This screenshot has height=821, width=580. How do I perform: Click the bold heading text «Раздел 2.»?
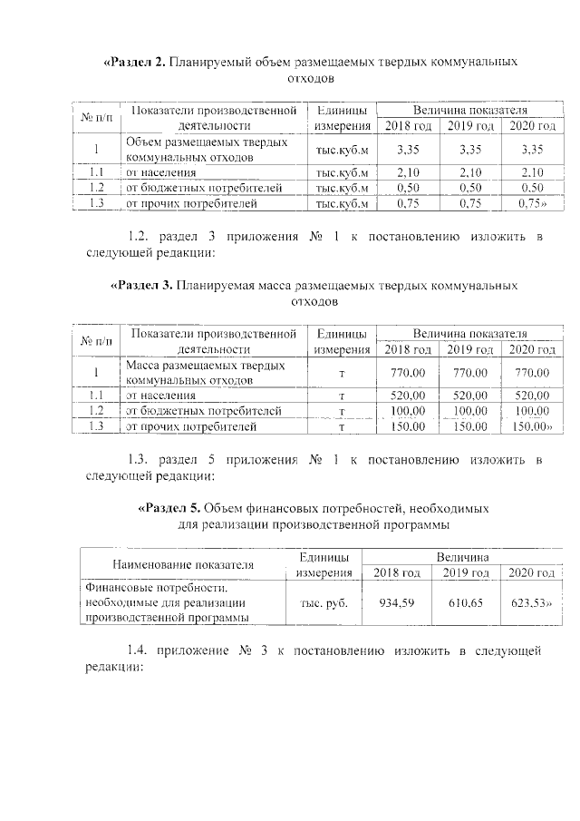[x=137, y=63]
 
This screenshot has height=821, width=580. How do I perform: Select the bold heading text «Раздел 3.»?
[x=141, y=286]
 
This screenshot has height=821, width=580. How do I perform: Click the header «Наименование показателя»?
[x=182, y=564]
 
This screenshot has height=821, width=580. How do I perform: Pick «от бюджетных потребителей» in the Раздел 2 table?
[x=204, y=188]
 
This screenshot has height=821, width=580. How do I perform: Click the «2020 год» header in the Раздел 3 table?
[x=532, y=349]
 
